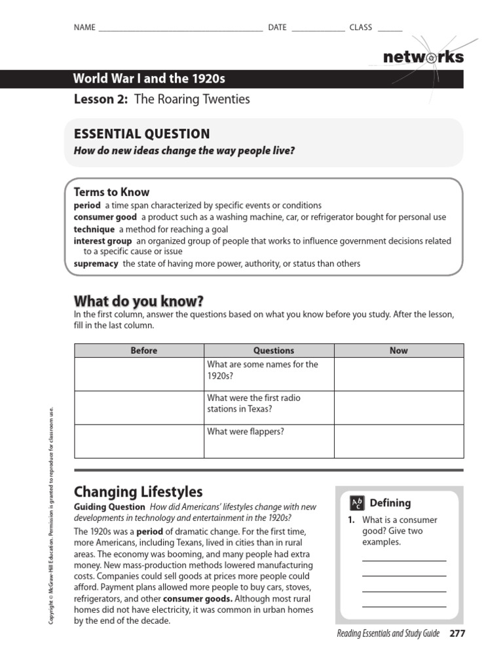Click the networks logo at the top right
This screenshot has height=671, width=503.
coord(423,57)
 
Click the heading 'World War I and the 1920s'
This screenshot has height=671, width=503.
coord(149,79)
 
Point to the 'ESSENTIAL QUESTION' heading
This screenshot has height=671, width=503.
coord(142,134)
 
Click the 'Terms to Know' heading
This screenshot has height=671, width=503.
coord(111,192)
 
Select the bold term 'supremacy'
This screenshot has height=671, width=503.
coord(96,263)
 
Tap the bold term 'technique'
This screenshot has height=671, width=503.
coord(95,229)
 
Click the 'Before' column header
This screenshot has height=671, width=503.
coord(144,351)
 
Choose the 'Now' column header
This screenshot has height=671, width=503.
coord(398,351)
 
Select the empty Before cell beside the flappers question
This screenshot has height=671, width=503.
coord(139,440)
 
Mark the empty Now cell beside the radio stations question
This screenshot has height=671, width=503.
coord(398,407)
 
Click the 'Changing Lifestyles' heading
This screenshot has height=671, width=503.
coord(138,491)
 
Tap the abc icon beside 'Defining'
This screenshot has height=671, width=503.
coord(357,503)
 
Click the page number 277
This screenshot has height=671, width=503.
coord(456,634)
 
